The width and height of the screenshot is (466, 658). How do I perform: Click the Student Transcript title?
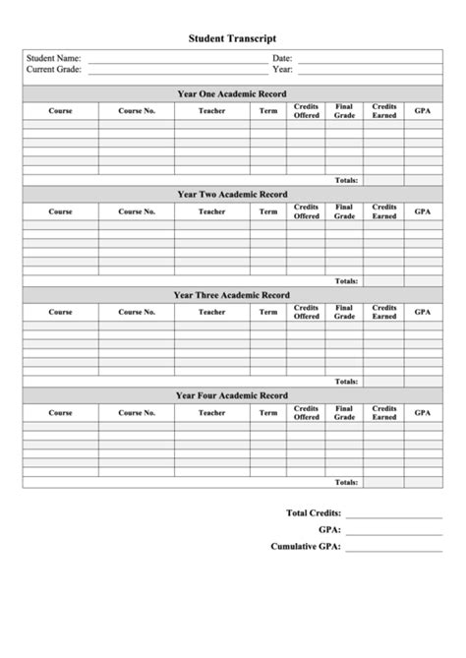click(x=233, y=38)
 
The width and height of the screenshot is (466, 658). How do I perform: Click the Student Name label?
click(x=54, y=59)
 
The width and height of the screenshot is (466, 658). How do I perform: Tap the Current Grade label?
click(x=55, y=70)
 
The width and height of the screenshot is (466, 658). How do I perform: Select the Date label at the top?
click(x=282, y=59)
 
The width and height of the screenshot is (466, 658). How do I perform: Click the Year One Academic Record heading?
click(x=232, y=93)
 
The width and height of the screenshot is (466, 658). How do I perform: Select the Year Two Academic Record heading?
click(x=232, y=195)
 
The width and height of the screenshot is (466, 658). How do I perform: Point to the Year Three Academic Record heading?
click(x=232, y=295)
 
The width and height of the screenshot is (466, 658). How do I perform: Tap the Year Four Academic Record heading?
click(x=232, y=395)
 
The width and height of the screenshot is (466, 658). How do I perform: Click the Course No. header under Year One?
click(x=137, y=111)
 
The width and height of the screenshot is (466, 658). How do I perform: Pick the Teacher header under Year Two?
click(x=211, y=211)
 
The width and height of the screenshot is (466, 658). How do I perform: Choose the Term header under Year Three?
click(x=268, y=312)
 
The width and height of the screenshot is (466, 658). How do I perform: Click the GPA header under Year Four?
click(x=422, y=413)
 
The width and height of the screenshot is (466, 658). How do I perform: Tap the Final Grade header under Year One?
click(x=344, y=111)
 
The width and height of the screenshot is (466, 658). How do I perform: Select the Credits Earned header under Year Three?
click(x=384, y=312)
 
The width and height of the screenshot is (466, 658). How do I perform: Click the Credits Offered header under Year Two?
click(x=307, y=211)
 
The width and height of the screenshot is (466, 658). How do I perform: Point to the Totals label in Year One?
click(x=346, y=180)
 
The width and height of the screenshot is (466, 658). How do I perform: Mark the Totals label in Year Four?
click(x=346, y=482)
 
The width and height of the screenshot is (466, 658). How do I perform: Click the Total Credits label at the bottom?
click(x=314, y=513)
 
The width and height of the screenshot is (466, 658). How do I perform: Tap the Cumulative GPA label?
click(x=306, y=546)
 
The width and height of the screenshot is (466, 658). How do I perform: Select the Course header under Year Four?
click(x=60, y=413)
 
